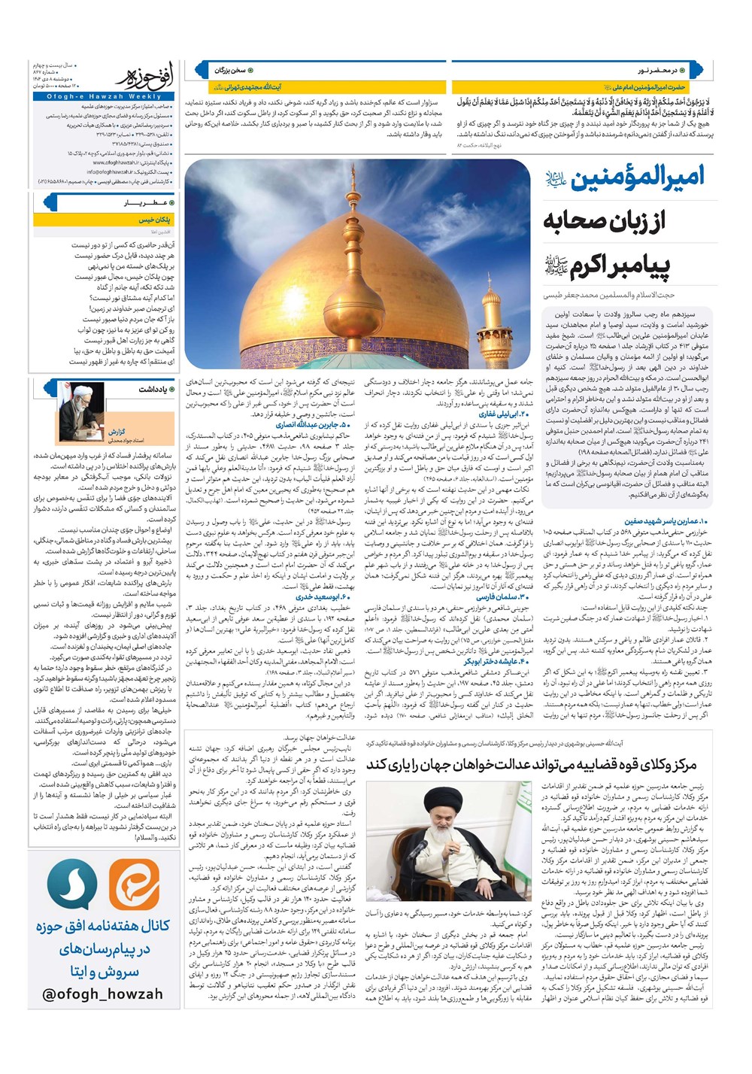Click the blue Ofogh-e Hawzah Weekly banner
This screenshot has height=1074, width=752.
click(103, 96)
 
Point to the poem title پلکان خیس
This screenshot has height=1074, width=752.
click(154, 220)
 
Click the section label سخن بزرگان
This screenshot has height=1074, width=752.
click(230, 70)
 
